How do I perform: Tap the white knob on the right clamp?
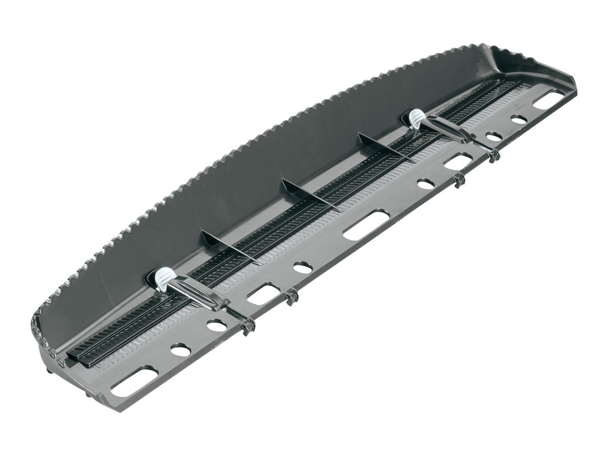pyautogui.click(x=416, y=118)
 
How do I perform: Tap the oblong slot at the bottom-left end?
pyautogui.click(x=134, y=382)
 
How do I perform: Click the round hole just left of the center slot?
pyautogui.click(x=302, y=267)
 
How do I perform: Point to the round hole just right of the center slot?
pyautogui.click(x=426, y=184)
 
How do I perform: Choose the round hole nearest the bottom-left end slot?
pyautogui.click(x=180, y=349)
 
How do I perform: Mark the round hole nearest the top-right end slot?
pyautogui.click(x=519, y=120)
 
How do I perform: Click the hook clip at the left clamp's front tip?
pyautogui.click(x=247, y=326)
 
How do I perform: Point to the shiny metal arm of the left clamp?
pyautogui.click(x=198, y=294)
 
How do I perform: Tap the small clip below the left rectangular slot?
pyautogui.click(x=290, y=299)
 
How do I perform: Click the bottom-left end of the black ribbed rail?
pyautogui.click(x=84, y=360)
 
